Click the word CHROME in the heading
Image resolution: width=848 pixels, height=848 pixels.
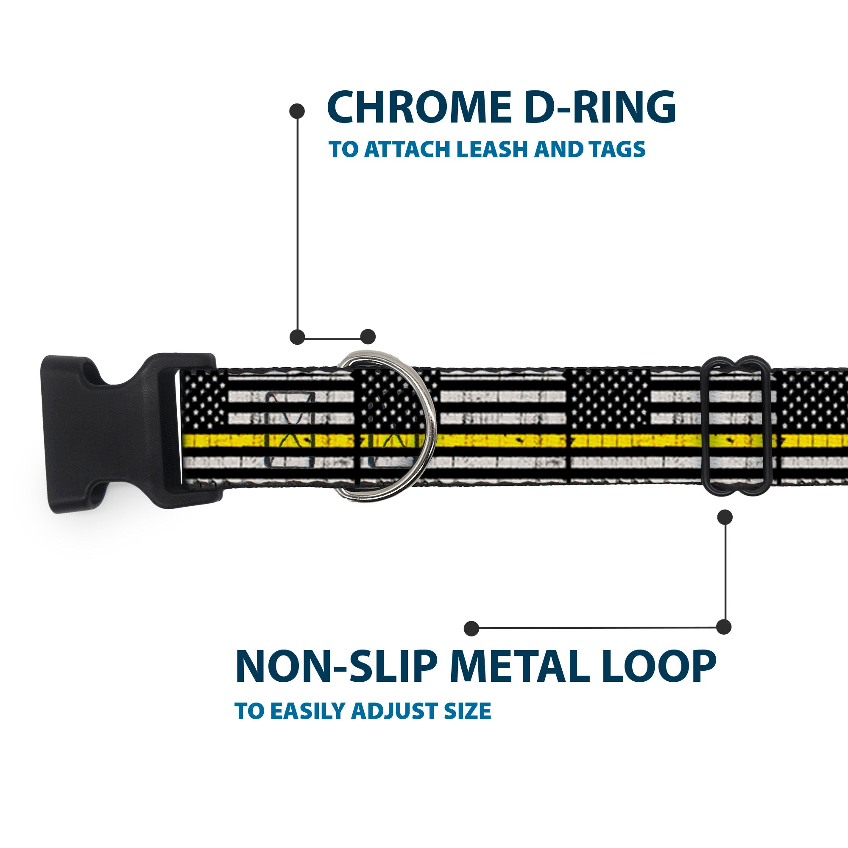pyautogui.click(x=416, y=108)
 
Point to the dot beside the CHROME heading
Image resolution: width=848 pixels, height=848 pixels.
pyautogui.click(x=297, y=111)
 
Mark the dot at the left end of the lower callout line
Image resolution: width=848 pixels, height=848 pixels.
pyautogui.click(x=471, y=628)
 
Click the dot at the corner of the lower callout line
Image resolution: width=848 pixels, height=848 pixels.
pyautogui.click(x=724, y=627)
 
